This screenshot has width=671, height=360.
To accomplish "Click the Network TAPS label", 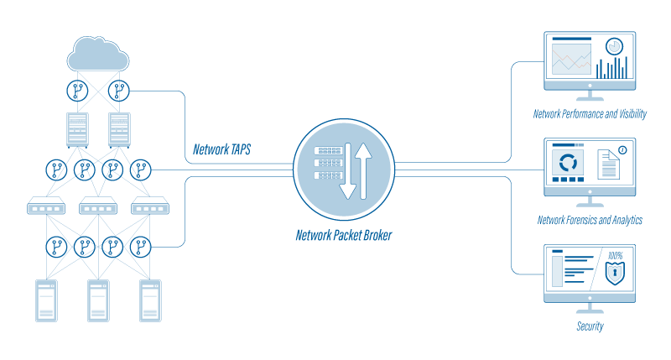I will [221, 150].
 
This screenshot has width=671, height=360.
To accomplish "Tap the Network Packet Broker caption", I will [344, 236].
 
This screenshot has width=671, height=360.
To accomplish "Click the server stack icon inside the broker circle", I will [326, 164].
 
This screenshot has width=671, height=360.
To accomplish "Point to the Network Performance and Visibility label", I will [590, 113].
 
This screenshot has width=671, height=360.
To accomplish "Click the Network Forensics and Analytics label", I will [590, 220].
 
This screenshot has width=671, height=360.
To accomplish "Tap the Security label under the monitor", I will [590, 326].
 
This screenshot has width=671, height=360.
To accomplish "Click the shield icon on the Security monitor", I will [616, 274].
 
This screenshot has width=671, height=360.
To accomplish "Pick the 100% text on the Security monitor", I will [616, 255].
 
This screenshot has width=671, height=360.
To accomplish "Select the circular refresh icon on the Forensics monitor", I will [569, 161].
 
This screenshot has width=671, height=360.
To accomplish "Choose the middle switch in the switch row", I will [99, 206].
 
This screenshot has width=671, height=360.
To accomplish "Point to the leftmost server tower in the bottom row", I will [46, 301].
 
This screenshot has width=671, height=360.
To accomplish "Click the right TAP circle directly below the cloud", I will [120, 89].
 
